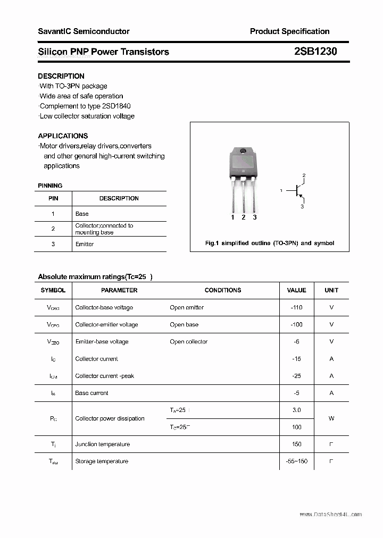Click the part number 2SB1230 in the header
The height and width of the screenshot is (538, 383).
coord(315,52)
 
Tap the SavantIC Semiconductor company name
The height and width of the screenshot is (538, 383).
coord(84,31)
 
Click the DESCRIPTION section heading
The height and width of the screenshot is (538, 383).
coord(61,76)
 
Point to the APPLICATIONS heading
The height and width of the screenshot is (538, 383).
coord(63,136)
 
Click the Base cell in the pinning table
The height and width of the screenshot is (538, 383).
coord(82,214)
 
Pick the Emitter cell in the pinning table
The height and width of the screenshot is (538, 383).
coord(85,244)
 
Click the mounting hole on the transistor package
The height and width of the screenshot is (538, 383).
coord(244,152)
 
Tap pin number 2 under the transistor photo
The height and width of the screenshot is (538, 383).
coord(244,217)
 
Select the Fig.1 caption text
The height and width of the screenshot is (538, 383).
coord(270,243)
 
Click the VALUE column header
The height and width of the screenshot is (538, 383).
coord(296,290)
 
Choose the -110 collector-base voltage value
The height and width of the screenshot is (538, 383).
coord(296,307)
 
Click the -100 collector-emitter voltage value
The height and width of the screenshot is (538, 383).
coord(296,324)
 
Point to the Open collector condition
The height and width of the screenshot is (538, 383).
coord(188,341)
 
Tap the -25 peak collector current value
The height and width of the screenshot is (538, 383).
coord(296,376)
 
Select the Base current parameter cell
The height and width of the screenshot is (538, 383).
coord(91,393)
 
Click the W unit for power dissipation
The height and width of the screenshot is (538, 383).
coord(331,418)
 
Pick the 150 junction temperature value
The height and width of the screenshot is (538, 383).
coord(296,444)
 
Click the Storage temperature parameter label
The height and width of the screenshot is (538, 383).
coord(102,461)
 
